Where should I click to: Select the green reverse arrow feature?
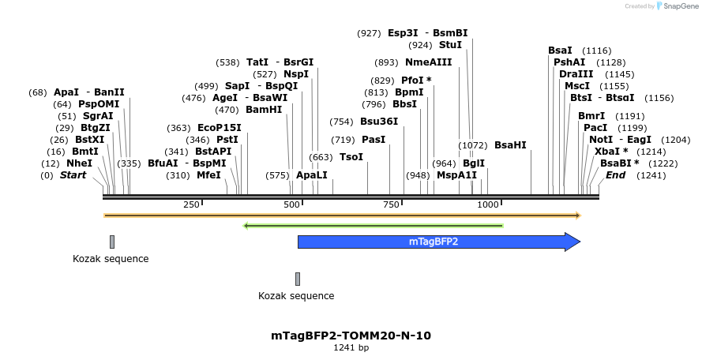click(374, 226)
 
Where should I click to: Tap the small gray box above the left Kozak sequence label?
click(112, 242)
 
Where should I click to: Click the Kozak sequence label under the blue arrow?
click(296, 296)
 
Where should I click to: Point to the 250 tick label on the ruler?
click(191, 204)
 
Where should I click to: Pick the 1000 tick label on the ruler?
click(488, 204)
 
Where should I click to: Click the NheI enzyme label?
click(79, 163)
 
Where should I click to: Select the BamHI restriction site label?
click(264, 110)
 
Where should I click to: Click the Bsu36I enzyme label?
click(379, 122)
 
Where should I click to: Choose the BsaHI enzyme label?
click(510, 145)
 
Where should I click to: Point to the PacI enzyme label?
click(595, 128)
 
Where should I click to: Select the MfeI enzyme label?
click(208, 175)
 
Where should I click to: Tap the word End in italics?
click(615, 175)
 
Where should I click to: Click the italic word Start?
click(73, 175)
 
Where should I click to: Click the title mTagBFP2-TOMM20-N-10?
click(351, 336)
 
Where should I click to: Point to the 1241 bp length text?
click(351, 347)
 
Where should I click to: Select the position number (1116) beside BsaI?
click(596, 51)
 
